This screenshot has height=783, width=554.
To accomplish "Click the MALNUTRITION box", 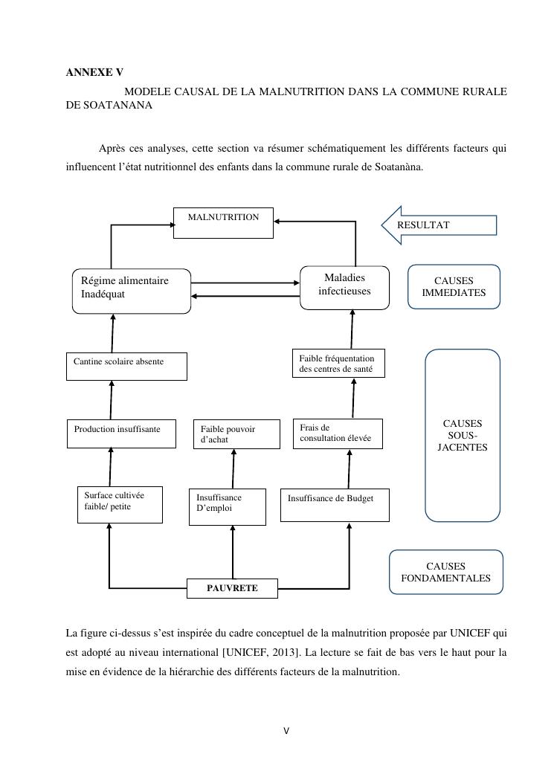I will click(x=223, y=222).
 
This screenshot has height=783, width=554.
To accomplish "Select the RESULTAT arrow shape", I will click(x=439, y=225).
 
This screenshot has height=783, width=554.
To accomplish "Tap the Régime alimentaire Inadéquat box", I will click(x=132, y=291).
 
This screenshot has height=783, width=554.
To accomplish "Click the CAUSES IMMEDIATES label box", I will click(x=454, y=286).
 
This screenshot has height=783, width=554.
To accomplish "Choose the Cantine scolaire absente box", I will click(x=126, y=366).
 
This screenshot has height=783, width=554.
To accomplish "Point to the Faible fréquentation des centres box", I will click(x=338, y=363).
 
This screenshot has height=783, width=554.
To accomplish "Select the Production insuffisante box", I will click(x=121, y=434).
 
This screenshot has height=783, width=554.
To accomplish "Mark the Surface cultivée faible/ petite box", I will click(x=120, y=503).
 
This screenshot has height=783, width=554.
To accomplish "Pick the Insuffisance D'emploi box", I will click(x=227, y=506).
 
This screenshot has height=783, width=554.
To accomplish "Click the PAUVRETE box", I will click(x=232, y=588).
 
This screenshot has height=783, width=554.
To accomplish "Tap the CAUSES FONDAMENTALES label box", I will click(x=446, y=572).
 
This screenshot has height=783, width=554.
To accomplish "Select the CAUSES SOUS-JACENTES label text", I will click(x=463, y=436).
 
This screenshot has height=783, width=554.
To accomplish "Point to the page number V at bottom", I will click(x=286, y=731).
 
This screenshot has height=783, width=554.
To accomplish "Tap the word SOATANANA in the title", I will click(x=119, y=106).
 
